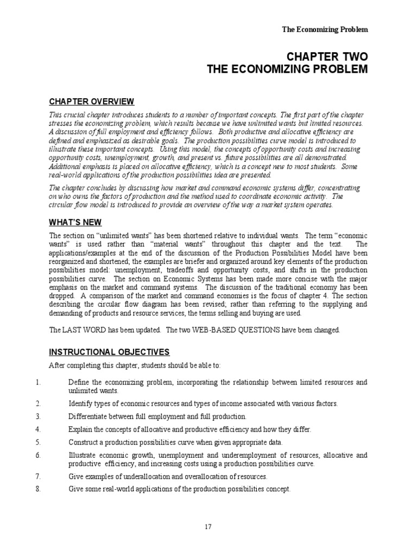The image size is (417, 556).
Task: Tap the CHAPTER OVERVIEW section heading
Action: (x=92, y=102)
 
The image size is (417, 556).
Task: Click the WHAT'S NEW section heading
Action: (x=75, y=222)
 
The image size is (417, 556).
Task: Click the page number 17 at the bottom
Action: (x=208, y=526)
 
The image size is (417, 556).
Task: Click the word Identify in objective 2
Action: (x=81, y=403)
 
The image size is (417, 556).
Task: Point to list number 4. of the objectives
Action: (x=38, y=429)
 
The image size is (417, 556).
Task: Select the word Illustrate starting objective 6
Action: (x=82, y=455)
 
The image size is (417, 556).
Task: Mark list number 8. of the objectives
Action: (x=38, y=489)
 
